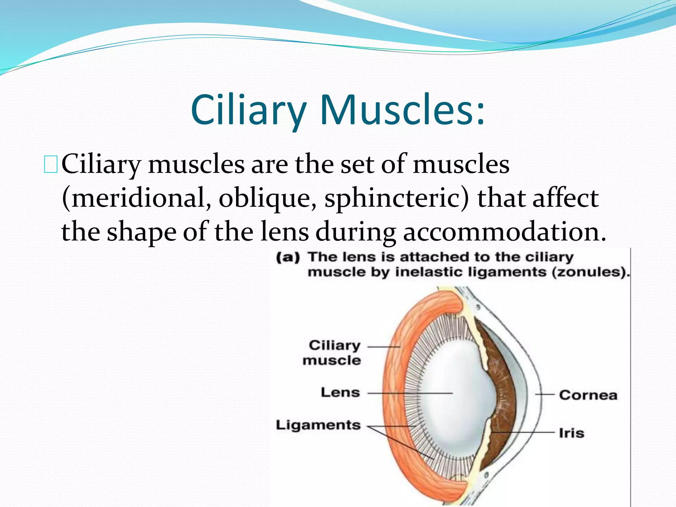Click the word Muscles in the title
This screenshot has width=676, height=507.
point(402,110)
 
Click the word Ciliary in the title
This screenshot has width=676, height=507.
point(248,110)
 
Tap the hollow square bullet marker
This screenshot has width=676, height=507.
point(51,165)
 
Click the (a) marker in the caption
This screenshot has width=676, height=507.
point(287,257)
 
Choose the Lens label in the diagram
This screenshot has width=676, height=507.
point(340,392)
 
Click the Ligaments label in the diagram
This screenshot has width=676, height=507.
point(318,425)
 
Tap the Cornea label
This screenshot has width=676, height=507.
point(588,395)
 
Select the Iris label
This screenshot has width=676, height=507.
point(571,433)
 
